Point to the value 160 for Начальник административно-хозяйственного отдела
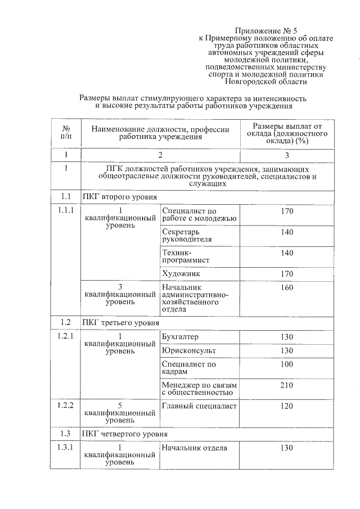pyautogui.click(x=287, y=287)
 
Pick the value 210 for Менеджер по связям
pyautogui.click(x=287, y=385)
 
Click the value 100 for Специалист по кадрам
pyautogui.click(x=287, y=364)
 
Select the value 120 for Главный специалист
pyautogui.click(x=287, y=406)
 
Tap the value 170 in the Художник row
pyautogui.click(x=287, y=274)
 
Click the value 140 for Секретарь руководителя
pyautogui.click(x=287, y=232)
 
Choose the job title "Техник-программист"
pyautogui.click(x=185, y=257)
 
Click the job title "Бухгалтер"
pyautogui.click(x=180, y=337)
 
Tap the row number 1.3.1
pyautogui.click(x=66, y=448)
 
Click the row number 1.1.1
pyautogui.click(x=66, y=211)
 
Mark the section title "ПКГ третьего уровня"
pyautogui.click(x=120, y=323)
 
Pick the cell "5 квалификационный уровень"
pyautogui.click(x=120, y=413)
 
